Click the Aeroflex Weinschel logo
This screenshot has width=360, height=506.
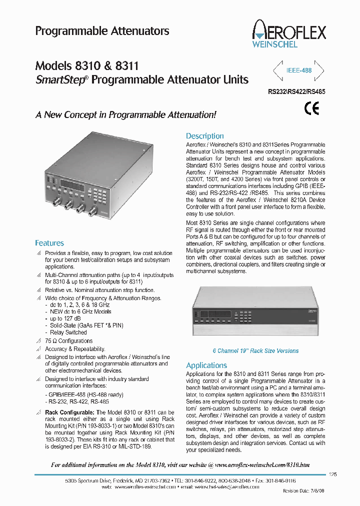click(x=289, y=33)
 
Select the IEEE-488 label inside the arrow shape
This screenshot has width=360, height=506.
click(x=299, y=70)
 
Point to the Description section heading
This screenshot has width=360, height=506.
click(x=204, y=136)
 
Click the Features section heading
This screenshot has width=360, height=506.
click(x=49, y=243)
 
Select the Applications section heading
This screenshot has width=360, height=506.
click(x=206, y=365)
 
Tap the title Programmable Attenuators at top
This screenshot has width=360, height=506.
click(x=102, y=31)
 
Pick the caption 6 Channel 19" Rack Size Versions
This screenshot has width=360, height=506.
click(x=255, y=351)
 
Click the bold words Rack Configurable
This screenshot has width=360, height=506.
click(x=66, y=412)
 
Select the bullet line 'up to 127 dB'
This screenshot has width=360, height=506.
click(x=63, y=318)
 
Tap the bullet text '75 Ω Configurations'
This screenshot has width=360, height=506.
click(x=68, y=341)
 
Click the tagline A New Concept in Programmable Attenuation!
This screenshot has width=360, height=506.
click(x=125, y=114)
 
